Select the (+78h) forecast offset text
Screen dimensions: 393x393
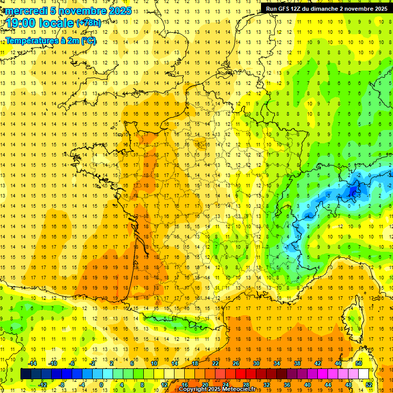[x=88, y=23]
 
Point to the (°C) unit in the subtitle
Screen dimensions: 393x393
[x=88, y=40]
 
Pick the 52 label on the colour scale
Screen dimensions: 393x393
[x=368, y=385]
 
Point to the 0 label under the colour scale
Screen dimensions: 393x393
[x=101, y=385]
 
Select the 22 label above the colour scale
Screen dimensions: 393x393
[x=215, y=363]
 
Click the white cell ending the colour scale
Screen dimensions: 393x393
[x=363, y=374]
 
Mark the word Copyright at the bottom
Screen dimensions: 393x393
[x=193, y=389]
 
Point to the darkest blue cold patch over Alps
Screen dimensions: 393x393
[x=352, y=191]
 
